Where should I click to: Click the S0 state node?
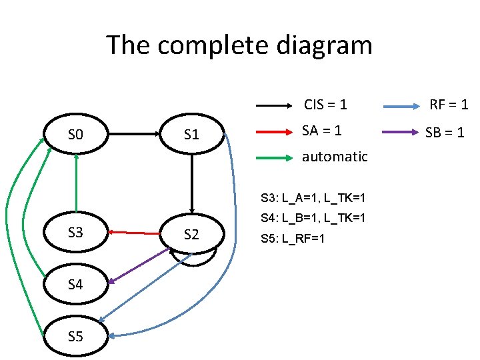[x=76, y=135]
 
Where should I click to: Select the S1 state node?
[x=191, y=135]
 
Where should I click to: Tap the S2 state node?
[x=191, y=233]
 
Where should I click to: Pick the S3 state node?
[x=76, y=233]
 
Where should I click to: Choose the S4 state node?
[x=76, y=285]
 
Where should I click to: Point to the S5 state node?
[x=76, y=337]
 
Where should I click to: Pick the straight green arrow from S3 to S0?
[x=77, y=183]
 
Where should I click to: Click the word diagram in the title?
[x=319, y=45]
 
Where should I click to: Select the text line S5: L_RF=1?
[x=293, y=238]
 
